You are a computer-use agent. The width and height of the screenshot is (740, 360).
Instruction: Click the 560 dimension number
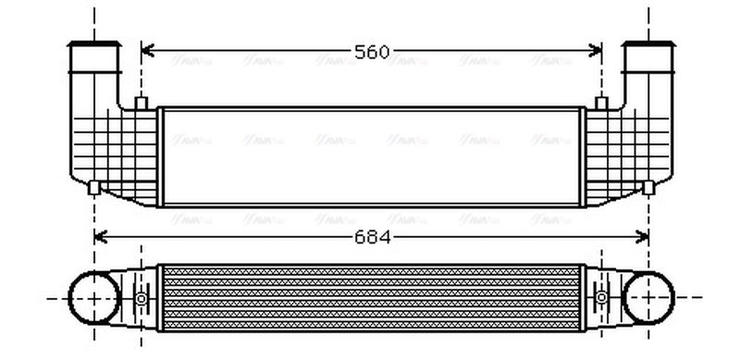coord(372,52)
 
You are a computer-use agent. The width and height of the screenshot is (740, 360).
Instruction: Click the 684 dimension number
coord(372,237)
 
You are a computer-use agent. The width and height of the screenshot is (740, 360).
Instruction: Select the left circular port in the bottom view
coord(92,298)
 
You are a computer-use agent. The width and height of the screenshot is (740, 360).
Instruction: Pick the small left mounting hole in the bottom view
coord(141,298)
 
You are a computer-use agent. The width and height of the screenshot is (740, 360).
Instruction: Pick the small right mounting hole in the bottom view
coord(601,298)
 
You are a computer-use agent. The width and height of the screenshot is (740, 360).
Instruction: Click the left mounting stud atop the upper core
coord(141,102)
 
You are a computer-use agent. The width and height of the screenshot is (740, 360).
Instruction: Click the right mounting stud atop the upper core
coord(601,102)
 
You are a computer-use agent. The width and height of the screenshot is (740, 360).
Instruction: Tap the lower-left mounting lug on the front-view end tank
coord(93,187)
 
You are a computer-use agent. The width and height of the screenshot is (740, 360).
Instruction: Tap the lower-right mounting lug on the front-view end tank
coord(648,187)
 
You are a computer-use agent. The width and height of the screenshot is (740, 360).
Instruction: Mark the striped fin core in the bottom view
coord(372,298)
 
